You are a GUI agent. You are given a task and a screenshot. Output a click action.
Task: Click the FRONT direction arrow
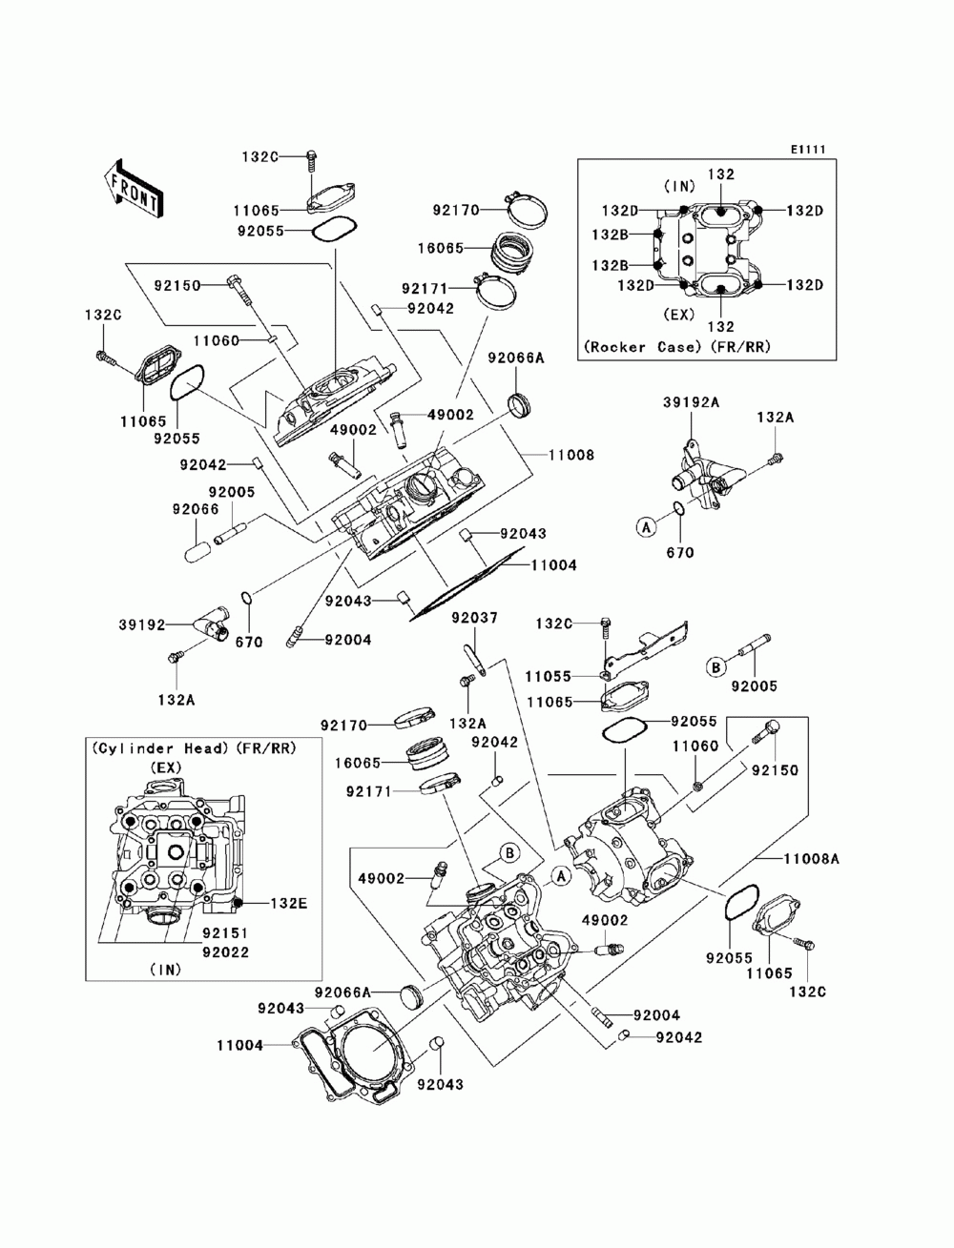click(x=134, y=188)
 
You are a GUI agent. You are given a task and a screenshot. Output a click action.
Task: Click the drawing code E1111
click(x=807, y=150)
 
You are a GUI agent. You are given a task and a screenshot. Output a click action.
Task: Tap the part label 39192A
click(x=691, y=402)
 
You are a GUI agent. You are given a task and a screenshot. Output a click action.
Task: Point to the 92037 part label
click(x=474, y=617)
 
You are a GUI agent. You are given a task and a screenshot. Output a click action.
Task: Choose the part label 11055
click(x=548, y=677)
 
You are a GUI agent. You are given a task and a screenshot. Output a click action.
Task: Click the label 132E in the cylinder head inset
click(x=288, y=903)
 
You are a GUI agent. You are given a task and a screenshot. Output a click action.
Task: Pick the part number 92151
click(x=225, y=933)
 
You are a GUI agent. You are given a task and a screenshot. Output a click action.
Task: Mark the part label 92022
click(x=225, y=952)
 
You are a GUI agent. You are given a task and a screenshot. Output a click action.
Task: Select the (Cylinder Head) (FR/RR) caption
click(x=194, y=748)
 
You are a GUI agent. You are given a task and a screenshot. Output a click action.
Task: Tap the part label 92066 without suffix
click(x=196, y=509)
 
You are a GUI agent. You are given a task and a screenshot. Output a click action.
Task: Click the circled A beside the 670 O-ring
click(x=646, y=527)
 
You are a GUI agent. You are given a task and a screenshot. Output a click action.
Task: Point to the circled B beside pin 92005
click(x=716, y=667)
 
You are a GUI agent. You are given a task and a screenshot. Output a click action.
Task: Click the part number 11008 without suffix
click(x=571, y=455)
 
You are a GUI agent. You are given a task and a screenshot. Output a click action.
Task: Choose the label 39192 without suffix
click(x=141, y=624)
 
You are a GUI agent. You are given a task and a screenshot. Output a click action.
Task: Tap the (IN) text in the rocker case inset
click(x=679, y=186)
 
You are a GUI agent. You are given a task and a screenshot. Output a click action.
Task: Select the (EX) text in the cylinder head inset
click(x=166, y=767)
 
